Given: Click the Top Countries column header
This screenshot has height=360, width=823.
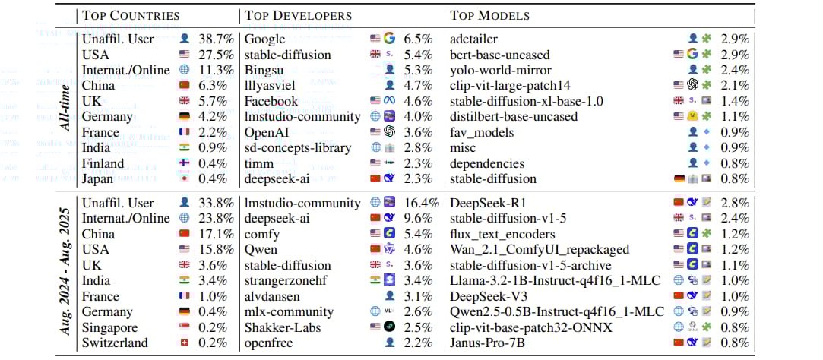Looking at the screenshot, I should point(131,15).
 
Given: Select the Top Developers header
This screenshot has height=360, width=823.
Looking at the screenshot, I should point(298,15).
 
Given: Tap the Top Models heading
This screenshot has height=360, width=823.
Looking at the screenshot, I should point(489,15).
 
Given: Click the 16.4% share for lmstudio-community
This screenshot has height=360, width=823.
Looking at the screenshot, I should point(423,203).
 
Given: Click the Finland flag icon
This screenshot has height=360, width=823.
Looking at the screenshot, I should point(185,164).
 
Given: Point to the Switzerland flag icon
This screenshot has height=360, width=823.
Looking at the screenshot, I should point(185,343).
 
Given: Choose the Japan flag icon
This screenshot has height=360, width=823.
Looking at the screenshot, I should point(185,179).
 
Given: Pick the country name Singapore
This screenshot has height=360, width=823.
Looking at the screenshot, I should point(111,328).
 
